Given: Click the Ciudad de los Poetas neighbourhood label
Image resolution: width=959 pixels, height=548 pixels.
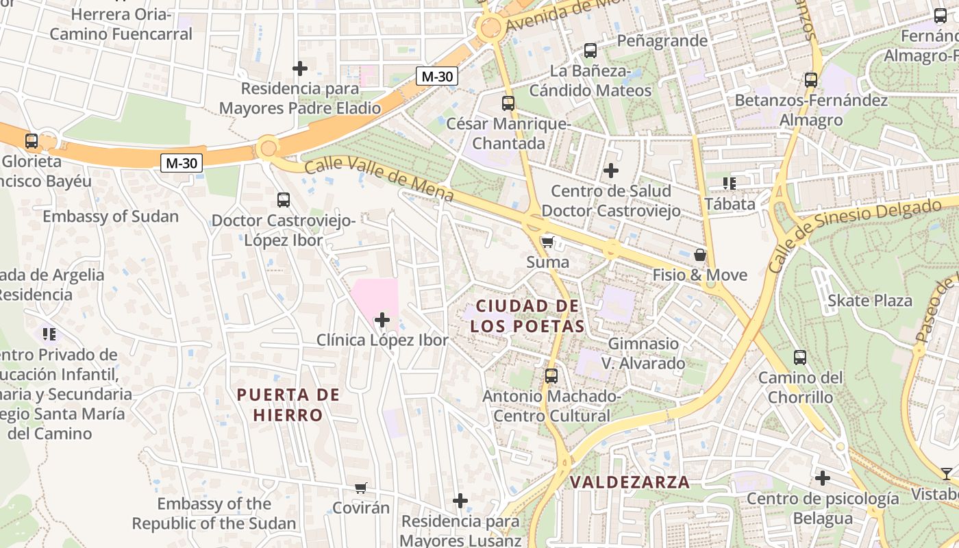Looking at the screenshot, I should point(527,316).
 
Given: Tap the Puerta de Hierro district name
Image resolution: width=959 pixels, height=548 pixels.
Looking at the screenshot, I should point(288,405).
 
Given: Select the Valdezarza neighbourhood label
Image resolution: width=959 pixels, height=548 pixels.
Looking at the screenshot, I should point(630,482).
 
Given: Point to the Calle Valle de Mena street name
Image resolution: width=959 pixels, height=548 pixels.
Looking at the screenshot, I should point(378,179).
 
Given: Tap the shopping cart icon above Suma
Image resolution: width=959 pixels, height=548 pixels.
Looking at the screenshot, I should point(547,242).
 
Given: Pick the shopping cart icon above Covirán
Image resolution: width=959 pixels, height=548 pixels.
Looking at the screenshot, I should point(360,488).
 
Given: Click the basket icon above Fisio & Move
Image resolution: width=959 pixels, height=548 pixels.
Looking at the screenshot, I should point(699,255).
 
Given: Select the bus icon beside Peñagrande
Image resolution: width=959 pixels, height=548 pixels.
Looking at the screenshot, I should point(590,50).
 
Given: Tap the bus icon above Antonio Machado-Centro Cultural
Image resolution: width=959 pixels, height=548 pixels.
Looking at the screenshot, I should point(551,376).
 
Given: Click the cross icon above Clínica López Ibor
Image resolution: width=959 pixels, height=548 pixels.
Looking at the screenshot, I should point(382,320).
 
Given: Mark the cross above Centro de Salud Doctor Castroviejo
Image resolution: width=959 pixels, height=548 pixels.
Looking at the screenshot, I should point(611,171).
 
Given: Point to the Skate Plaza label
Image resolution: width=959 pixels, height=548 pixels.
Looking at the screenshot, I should point(870,301).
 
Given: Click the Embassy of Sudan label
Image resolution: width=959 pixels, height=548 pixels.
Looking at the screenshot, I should point(110,216).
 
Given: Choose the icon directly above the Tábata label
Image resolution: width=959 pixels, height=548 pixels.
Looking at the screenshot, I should point(729,184).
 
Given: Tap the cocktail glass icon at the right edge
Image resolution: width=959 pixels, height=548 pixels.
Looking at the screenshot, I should point(946,473).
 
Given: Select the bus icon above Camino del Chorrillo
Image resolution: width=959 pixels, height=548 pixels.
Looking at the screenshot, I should point(799,358).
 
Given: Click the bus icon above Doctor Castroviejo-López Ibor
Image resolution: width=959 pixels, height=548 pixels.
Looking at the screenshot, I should point(283,200).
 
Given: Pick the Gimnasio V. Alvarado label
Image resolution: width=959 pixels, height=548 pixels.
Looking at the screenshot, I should point(643,353).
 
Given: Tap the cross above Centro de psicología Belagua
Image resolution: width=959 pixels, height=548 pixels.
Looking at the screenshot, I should point(823,478).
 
